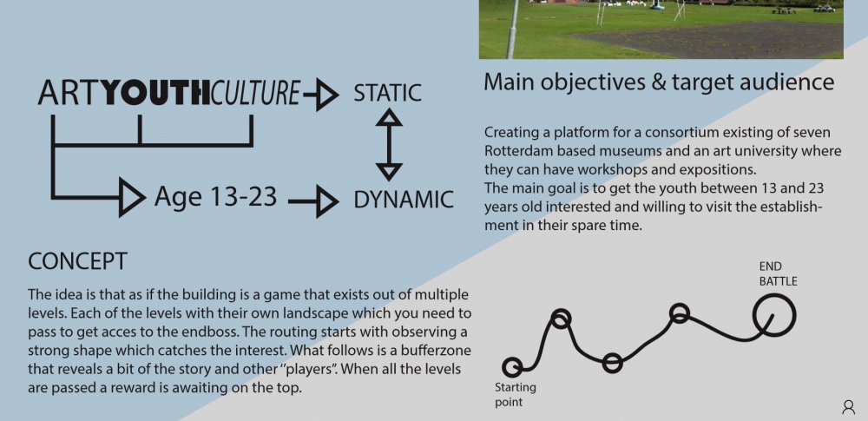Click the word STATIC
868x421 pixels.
(387, 93)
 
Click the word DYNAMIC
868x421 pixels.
(404, 200)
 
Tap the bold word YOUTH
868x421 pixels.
(157, 93)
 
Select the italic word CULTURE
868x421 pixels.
(255, 93)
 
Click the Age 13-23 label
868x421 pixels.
(215, 196)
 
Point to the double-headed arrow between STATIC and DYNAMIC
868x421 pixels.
(389, 144)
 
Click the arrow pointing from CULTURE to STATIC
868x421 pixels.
(321, 95)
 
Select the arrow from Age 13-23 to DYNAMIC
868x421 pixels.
(314, 201)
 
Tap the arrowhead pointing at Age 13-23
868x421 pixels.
(132, 197)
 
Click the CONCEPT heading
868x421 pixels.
(77, 261)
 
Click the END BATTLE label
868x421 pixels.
(778, 274)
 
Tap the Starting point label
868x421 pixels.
(515, 395)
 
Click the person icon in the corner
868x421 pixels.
(848, 408)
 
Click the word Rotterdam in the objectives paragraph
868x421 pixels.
(519, 151)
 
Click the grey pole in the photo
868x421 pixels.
(513, 29)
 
